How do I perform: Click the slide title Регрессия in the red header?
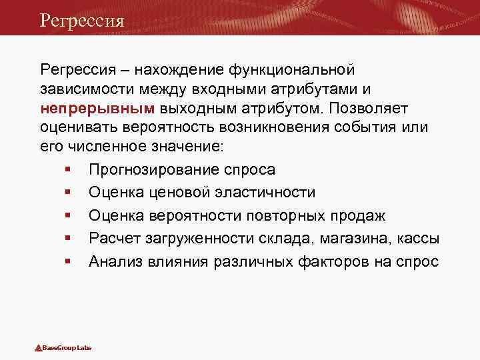tap(82, 21)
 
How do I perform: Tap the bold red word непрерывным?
tap(97, 108)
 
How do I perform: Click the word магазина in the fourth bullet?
tap(346, 239)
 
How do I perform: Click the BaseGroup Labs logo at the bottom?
tap(64, 348)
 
